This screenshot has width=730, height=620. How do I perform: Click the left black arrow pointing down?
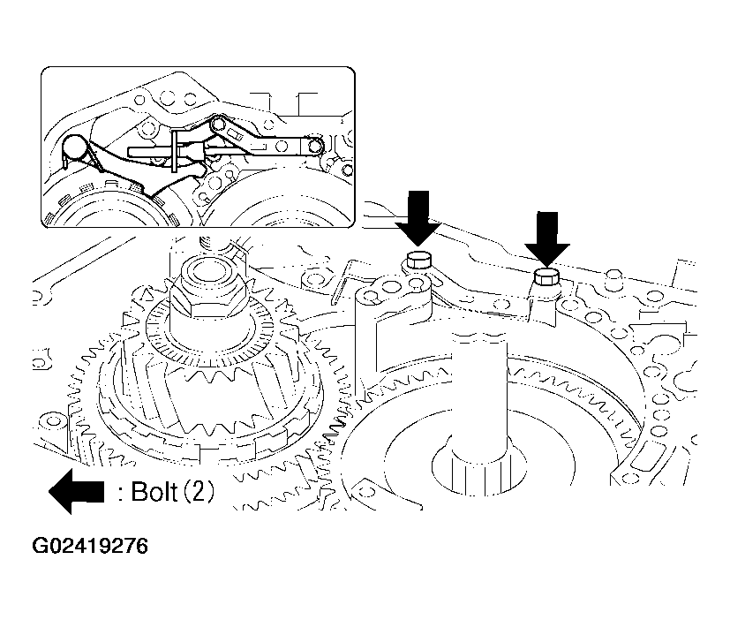[418, 217]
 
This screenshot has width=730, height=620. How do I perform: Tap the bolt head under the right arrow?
[546, 277]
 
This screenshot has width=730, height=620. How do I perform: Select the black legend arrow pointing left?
[76, 492]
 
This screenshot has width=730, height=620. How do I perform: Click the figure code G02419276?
[90, 546]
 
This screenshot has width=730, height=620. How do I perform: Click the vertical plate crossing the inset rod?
[175, 150]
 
